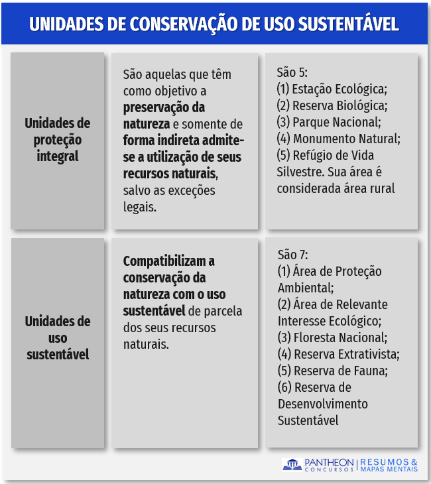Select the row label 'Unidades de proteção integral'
pyautogui.click(x=58, y=140)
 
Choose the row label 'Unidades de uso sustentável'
pyautogui.click(x=58, y=338)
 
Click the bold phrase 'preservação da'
pyautogui.click(x=164, y=107)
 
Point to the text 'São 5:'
pyautogui.click(x=292, y=72)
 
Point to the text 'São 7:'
pyautogui.click(x=293, y=255)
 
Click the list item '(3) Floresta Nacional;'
pyautogui.click(x=332, y=337)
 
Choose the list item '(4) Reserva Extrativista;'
pyautogui.click(x=338, y=354)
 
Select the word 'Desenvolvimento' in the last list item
pyautogui.click(x=322, y=404)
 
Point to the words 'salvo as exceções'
pyautogui.click(x=169, y=191)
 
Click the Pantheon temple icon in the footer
pyautogui.click(x=292, y=465)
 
